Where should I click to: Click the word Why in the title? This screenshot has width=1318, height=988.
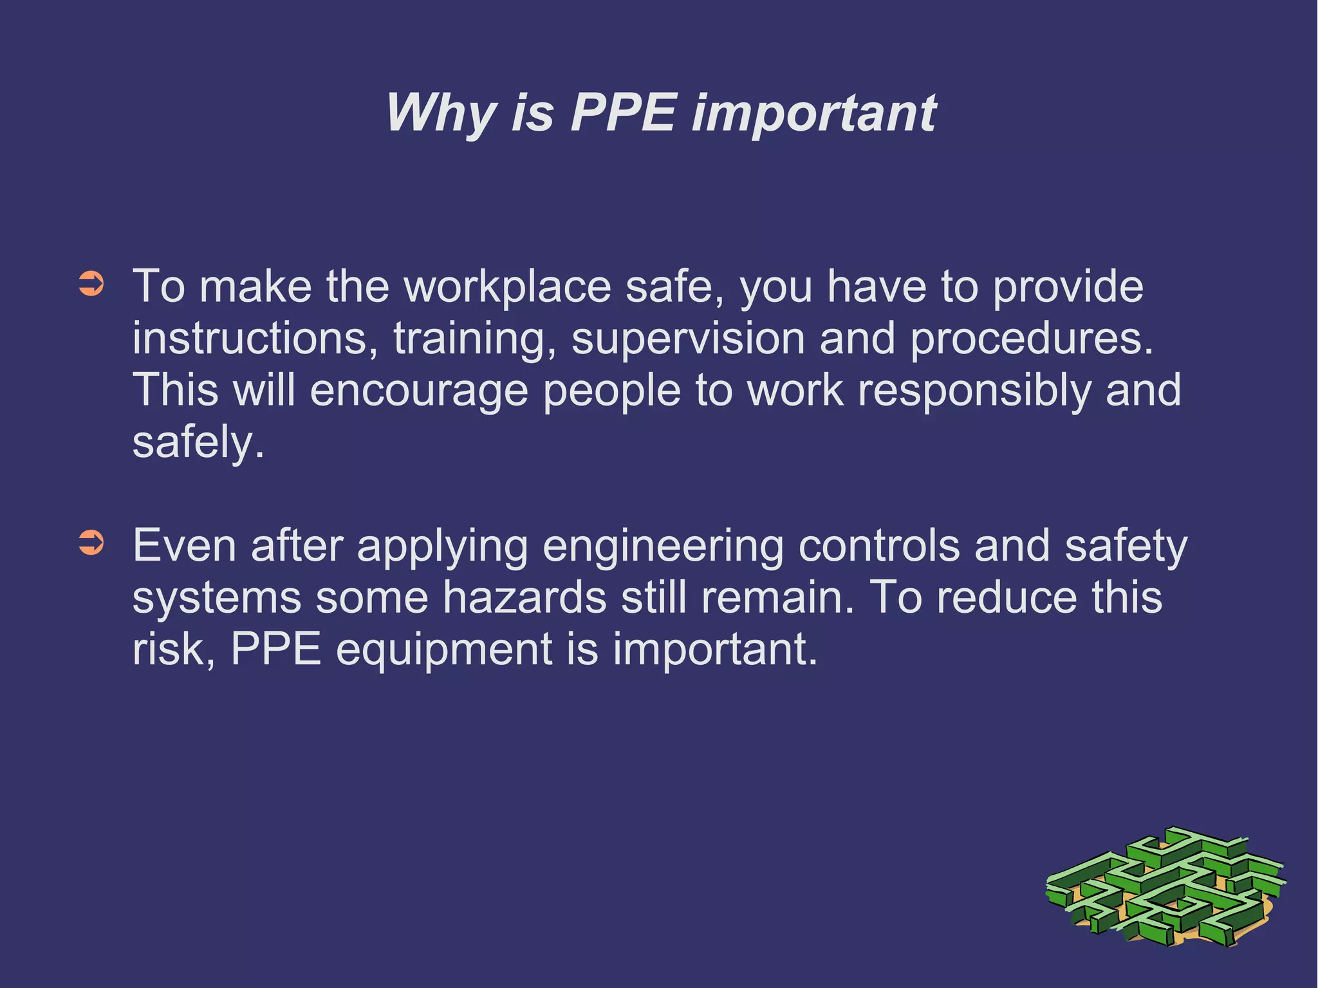pos(440,113)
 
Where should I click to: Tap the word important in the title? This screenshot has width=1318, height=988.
pos(813,113)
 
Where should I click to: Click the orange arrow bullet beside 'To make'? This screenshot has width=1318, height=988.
pos(91,284)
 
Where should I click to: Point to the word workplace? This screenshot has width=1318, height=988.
pos(507,287)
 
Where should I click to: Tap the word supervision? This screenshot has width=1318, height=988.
pos(687,340)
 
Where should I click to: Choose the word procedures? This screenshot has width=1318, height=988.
pos(1031,340)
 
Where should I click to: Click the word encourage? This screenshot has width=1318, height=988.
pos(419,391)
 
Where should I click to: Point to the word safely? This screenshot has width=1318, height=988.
pos(198,443)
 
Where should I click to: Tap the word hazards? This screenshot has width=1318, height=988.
pos(524,597)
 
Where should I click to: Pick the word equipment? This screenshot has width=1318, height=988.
pos(444,650)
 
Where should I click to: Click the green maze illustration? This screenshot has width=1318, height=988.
pos(1165,888)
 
